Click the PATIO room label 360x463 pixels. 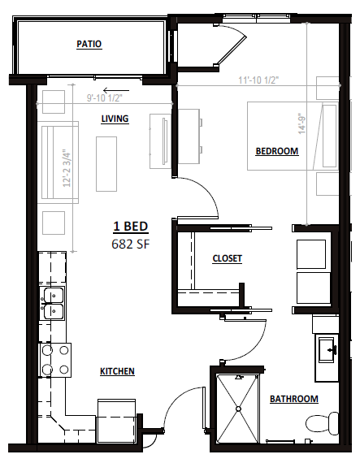point(89,44)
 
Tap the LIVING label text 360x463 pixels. point(115,119)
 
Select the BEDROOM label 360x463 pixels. point(277,151)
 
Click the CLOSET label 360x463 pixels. point(227,258)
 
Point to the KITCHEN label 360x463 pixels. point(117,371)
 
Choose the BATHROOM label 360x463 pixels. point(294,399)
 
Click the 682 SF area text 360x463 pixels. point(131,244)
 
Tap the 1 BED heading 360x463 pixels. point(131,227)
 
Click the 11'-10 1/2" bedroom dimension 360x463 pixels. point(258,80)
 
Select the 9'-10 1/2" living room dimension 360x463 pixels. point(105,97)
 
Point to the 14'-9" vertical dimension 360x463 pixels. point(301,123)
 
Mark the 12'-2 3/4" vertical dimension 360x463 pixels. point(67,168)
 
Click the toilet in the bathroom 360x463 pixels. point(322,423)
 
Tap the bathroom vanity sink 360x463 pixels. point(327,349)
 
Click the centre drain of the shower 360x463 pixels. point(238,409)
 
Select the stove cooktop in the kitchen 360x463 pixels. point(55,360)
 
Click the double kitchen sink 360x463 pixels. point(54,303)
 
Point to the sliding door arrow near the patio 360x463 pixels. point(116,90)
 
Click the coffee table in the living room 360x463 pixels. point(106,164)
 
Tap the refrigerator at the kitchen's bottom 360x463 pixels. point(117,421)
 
